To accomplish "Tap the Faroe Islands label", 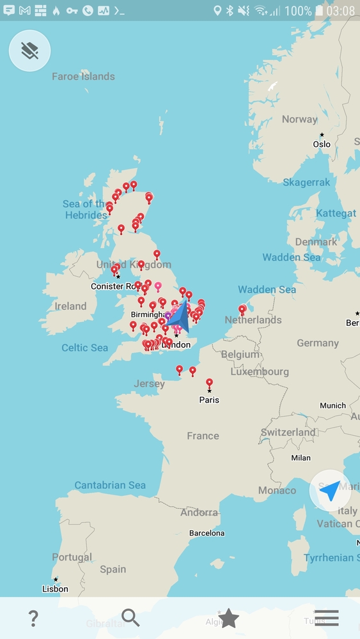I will (x=83, y=77).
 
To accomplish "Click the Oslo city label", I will (x=322, y=144).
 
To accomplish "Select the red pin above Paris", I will (x=209, y=383).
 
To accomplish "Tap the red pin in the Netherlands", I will (x=242, y=310).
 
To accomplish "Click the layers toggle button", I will (x=29, y=50).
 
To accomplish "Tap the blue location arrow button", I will (x=330, y=491).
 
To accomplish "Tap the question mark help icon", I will (x=33, y=618).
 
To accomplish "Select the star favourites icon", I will (x=228, y=618).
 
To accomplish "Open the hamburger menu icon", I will (x=326, y=618).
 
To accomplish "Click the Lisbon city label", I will (x=55, y=589).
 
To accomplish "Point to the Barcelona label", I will (x=207, y=533).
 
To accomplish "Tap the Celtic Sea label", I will (x=84, y=348).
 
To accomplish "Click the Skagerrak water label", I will (x=306, y=182).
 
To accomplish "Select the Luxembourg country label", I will (x=260, y=371).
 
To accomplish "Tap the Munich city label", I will (x=333, y=405).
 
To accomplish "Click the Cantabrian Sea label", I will (x=110, y=485).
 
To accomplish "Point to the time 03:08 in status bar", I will (x=340, y=11).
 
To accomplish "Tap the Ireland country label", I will (x=70, y=306).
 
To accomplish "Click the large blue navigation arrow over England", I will (x=178, y=316).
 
